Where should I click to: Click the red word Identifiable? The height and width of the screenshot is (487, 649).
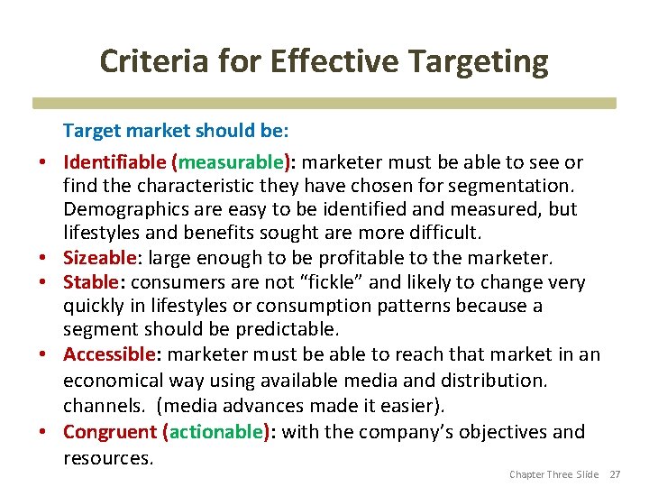114,163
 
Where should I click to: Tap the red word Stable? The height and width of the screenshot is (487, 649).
91,283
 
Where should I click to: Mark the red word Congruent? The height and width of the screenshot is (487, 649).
111,432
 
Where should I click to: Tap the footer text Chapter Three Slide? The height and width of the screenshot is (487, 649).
553,474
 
